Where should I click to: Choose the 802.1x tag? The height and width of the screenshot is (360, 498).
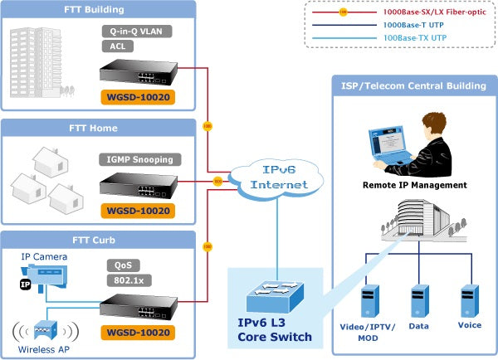[x=123, y=280]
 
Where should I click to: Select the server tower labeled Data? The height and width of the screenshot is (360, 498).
[x=418, y=303]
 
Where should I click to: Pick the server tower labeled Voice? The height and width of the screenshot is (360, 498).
[x=470, y=303]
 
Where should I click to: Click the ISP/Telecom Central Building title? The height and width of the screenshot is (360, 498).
[x=414, y=85]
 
